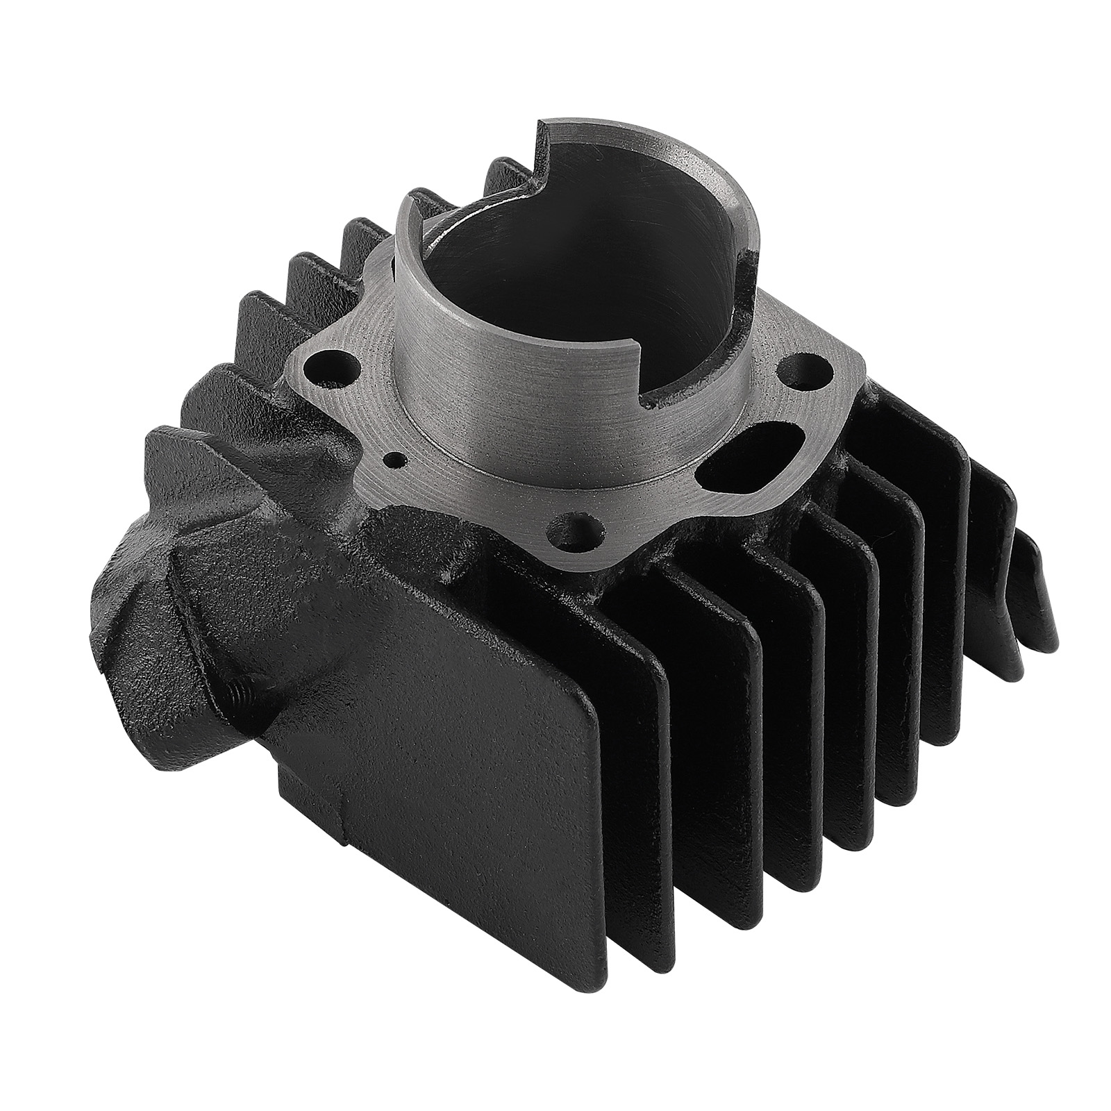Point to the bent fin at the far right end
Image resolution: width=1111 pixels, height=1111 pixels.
(1035, 611)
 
